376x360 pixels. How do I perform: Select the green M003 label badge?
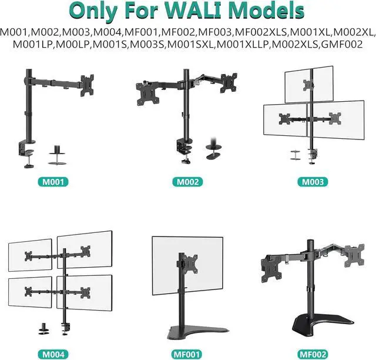point(313,182)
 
